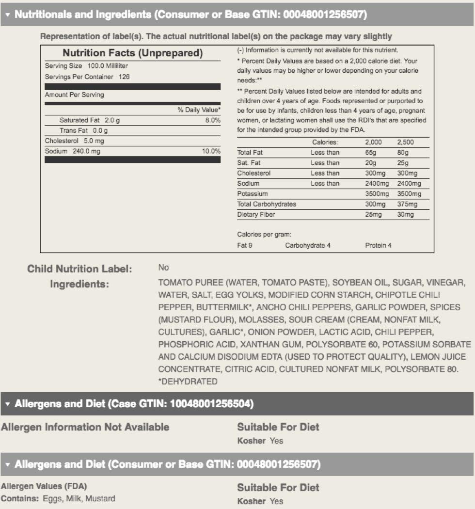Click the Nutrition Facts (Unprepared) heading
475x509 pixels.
coord(132,53)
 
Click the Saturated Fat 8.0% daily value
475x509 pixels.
coord(212,120)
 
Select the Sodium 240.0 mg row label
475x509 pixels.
coord(73,151)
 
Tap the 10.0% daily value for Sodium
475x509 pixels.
coord(211,151)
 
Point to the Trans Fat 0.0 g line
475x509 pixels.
coord(83,130)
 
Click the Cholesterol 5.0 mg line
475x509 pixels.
coord(74,141)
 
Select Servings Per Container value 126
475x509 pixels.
coord(124,77)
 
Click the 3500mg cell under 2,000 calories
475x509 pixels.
coord(377,194)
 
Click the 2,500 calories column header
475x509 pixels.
coord(406,143)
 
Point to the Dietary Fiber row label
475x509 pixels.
coord(256,214)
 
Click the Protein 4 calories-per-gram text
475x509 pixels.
coord(378,245)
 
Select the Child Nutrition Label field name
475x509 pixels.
coord(79,269)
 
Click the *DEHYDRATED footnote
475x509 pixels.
coord(188,382)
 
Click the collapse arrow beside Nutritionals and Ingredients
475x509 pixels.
coord(7,15)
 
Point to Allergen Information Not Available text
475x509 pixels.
coord(85,427)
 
